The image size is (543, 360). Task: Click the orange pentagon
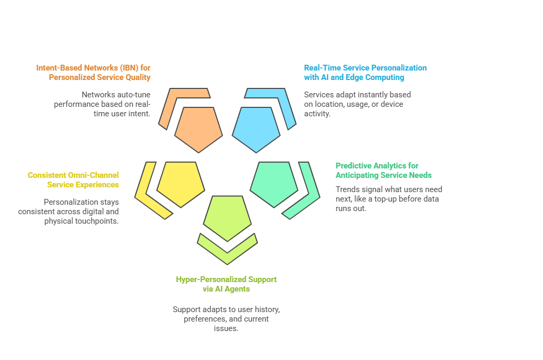198,129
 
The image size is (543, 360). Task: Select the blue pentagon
256,129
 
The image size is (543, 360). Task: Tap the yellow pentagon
180,184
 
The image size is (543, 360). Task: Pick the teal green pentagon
274,184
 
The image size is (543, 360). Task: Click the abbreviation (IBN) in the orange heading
129,68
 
